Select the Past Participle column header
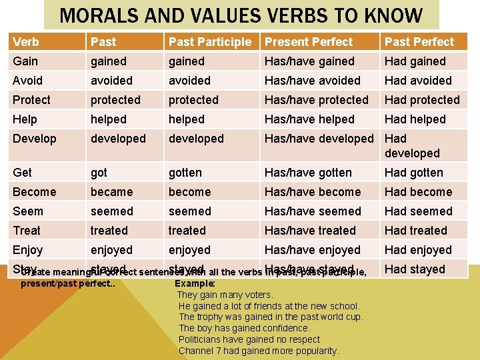(x=210, y=42)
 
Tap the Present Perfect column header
(x=309, y=42)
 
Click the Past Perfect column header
(x=419, y=42)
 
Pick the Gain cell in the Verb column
(x=25, y=61)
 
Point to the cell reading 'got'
(x=99, y=173)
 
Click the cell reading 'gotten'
(x=185, y=173)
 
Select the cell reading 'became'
(x=111, y=192)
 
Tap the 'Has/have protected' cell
(x=316, y=100)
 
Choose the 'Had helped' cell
(x=415, y=119)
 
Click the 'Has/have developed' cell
(x=319, y=139)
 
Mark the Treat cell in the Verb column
(x=27, y=231)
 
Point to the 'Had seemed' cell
(x=418, y=211)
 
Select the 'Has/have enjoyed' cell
(x=312, y=250)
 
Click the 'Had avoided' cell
(x=418, y=81)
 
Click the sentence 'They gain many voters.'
(x=225, y=295)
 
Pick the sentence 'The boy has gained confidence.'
(x=245, y=328)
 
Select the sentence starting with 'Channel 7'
(x=259, y=351)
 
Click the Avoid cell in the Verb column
(x=27, y=81)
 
